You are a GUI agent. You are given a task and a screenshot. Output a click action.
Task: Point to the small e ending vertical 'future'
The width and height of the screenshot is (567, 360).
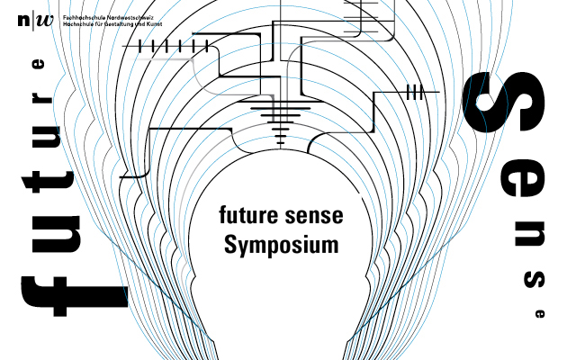pyautogui.click(x=37, y=65)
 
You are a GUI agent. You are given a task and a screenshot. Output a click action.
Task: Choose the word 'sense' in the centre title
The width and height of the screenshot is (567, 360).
pyautogui.click(x=313, y=216)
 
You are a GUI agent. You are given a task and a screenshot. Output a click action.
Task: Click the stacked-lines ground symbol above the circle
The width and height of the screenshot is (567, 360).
pyautogui.click(x=282, y=118)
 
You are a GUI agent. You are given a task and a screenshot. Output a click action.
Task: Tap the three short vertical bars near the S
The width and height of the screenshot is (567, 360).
pyautogui.click(x=415, y=91)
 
